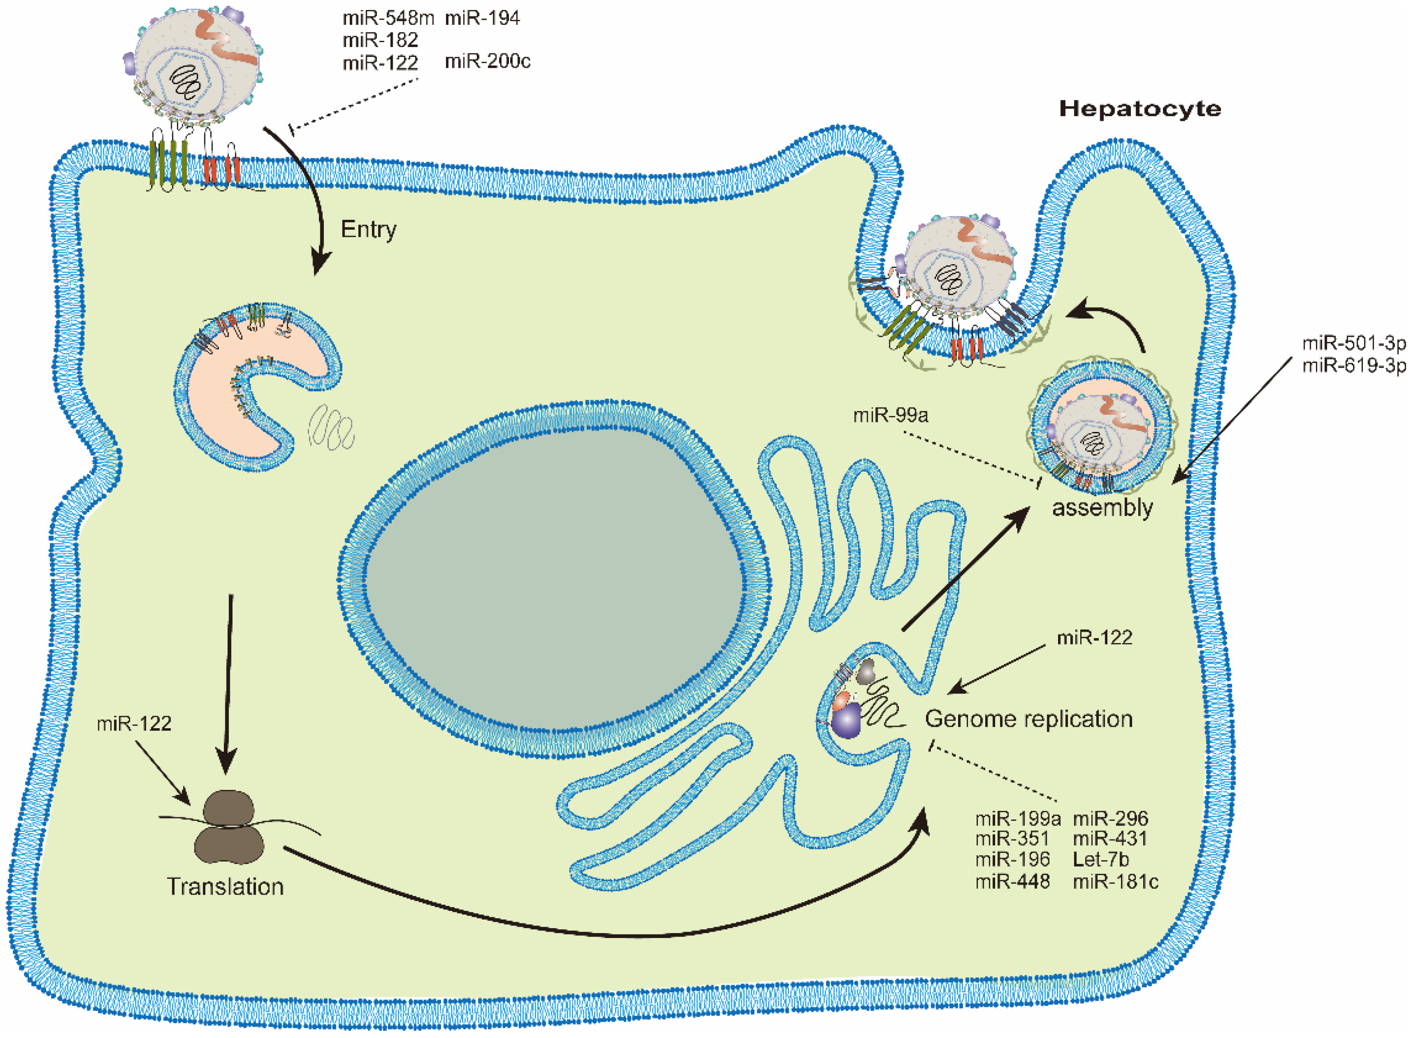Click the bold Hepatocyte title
click(x=1139, y=109)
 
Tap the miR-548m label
click(x=388, y=18)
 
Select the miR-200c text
click(x=487, y=62)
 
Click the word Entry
click(x=368, y=229)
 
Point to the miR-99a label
click(x=890, y=415)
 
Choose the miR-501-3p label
click(x=1353, y=343)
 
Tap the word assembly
click(x=1102, y=507)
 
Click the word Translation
click(x=225, y=886)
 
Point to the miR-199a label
click(x=1017, y=818)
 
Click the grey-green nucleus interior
click(x=553, y=578)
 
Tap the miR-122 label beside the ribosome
click(x=134, y=723)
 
